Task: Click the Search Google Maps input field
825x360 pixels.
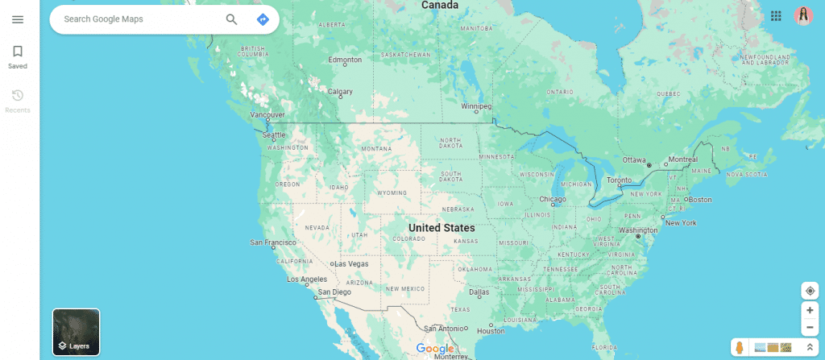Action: [137, 19]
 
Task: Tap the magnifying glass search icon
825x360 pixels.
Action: [232, 19]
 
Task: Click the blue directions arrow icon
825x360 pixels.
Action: [263, 19]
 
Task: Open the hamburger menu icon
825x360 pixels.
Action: [18, 19]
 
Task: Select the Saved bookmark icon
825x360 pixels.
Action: [18, 52]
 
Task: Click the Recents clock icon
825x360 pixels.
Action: [18, 96]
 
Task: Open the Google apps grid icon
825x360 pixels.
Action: [776, 16]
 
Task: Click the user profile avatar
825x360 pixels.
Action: [803, 16]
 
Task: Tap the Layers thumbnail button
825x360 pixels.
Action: [76, 332]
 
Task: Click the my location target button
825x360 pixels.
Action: [810, 291]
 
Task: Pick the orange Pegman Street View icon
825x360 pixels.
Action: [739, 348]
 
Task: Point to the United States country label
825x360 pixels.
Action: [442, 228]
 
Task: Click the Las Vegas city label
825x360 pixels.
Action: [351, 263]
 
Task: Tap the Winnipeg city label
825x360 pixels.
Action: [475, 106]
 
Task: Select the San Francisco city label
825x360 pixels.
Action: [273, 242]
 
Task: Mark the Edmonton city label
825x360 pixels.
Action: [346, 60]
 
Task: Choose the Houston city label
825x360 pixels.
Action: [491, 331]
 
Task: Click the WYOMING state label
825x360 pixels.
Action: [392, 193]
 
